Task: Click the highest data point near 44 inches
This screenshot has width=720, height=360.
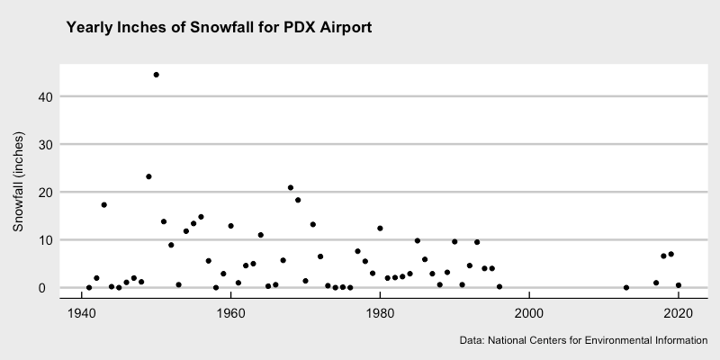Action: pyautogui.click(x=156, y=75)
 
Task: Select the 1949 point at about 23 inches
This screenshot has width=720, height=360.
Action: pyautogui.click(x=148, y=176)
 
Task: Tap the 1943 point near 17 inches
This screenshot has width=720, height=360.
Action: pyautogui.click(x=103, y=205)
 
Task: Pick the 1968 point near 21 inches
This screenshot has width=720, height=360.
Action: pyautogui.click(x=291, y=188)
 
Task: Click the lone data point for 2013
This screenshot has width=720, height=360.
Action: pyautogui.click(x=626, y=288)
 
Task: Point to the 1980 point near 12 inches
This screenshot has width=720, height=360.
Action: pyautogui.click(x=380, y=229)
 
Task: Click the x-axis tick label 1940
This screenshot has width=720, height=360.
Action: pyautogui.click(x=82, y=312)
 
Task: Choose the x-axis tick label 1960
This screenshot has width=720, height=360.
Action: pyautogui.click(x=231, y=312)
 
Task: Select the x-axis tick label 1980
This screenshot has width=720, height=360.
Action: pyautogui.click(x=380, y=312)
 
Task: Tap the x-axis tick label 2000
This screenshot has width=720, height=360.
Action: pyautogui.click(x=529, y=312)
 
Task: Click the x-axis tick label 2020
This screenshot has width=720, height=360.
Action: pyautogui.click(x=678, y=312)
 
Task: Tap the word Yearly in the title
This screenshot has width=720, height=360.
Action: pyautogui.click(x=90, y=28)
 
